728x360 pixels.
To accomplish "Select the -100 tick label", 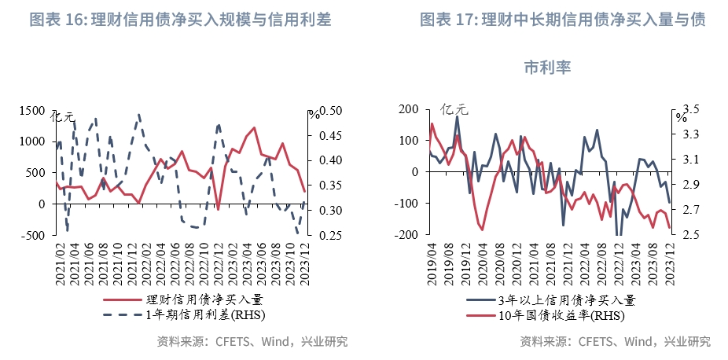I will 408,204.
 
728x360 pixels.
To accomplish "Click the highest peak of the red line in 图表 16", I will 253,127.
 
